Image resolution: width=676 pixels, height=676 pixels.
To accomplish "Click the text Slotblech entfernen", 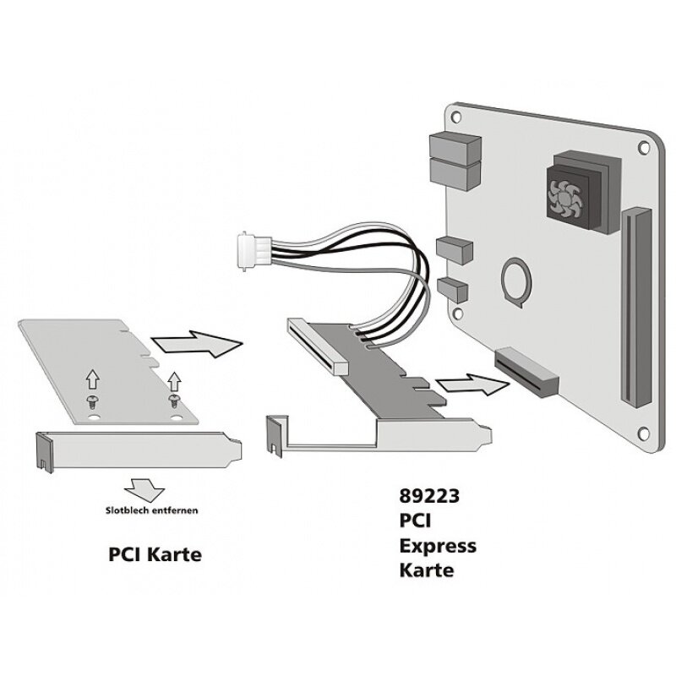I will [x=152, y=510].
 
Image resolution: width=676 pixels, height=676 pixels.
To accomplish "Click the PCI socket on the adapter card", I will [x=317, y=343].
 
